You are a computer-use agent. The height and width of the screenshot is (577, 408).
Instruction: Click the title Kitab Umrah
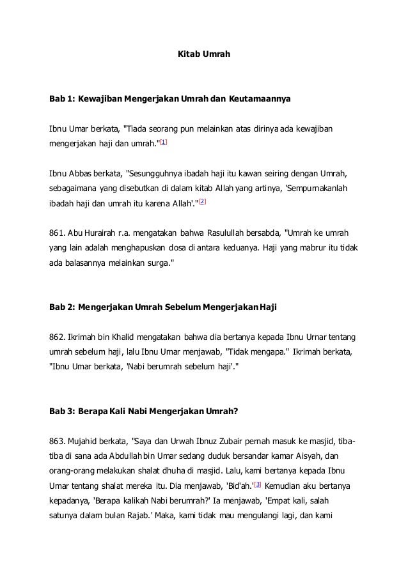(203, 56)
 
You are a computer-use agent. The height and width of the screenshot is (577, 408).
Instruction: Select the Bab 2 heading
(163, 307)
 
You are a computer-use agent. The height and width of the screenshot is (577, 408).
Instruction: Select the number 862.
(58, 337)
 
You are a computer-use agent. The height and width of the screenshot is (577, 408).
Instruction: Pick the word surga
(155, 263)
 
